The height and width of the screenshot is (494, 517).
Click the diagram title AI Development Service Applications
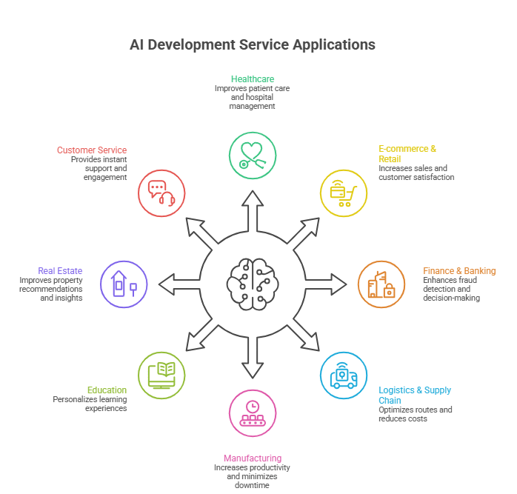(x=252, y=45)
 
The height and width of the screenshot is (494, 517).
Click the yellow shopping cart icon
(x=343, y=193)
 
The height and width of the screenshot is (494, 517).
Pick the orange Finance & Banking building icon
(x=381, y=284)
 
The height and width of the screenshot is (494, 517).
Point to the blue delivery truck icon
(x=343, y=375)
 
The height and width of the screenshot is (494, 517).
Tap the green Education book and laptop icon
(x=161, y=375)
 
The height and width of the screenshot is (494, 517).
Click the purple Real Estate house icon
(x=123, y=284)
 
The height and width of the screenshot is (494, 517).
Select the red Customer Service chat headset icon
(x=161, y=193)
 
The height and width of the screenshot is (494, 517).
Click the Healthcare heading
(x=252, y=79)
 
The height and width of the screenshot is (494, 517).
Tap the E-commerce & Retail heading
(x=407, y=153)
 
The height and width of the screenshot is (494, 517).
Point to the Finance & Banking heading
(x=459, y=271)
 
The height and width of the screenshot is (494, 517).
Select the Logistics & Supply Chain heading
(x=415, y=395)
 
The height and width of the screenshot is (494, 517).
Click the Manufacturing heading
(x=252, y=458)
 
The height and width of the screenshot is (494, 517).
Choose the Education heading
(x=107, y=390)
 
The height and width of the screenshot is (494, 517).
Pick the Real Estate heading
(x=60, y=271)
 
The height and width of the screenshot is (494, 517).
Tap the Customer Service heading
(x=92, y=150)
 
